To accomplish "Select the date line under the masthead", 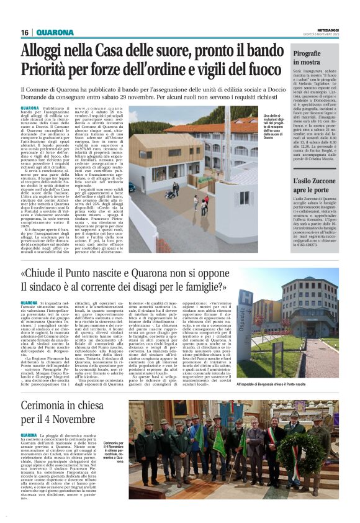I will tap(325, 34).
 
